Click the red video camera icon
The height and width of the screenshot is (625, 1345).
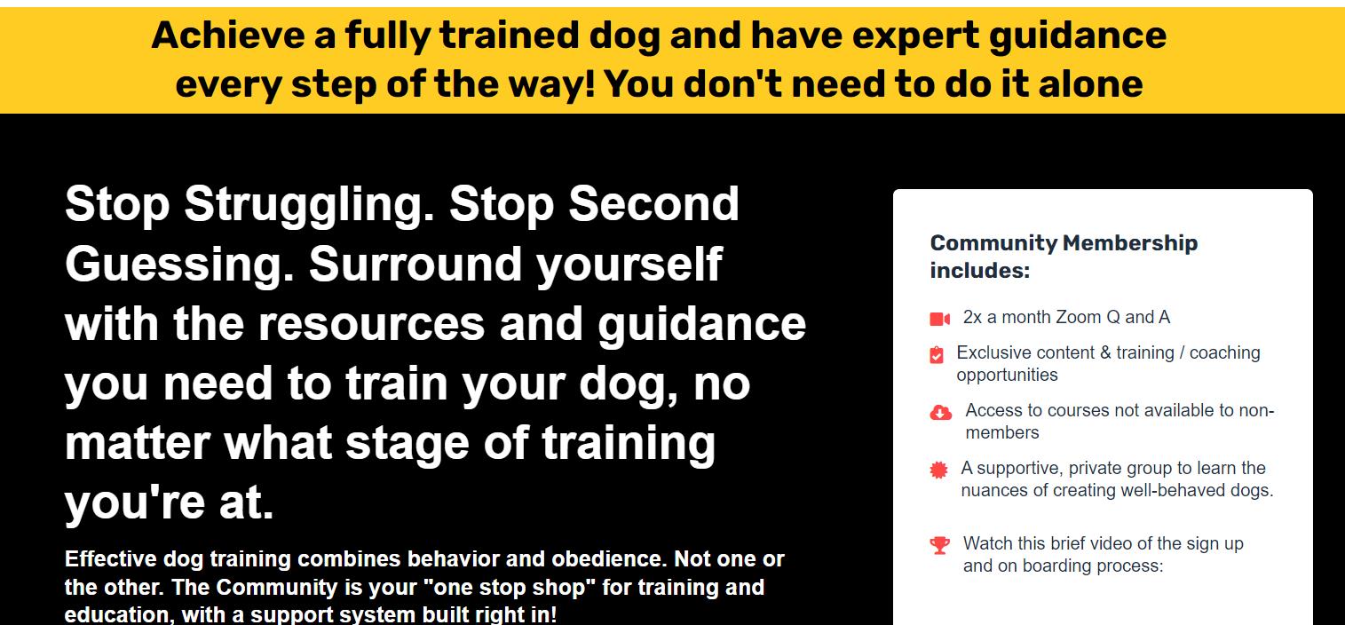coord(939,319)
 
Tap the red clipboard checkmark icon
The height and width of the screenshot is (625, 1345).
coord(936,355)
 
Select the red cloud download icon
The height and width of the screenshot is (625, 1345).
coord(940,412)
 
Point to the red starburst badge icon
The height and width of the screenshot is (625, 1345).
coord(938,470)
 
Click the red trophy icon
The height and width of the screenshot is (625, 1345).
coord(939,545)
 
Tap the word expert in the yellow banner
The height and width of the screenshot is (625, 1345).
coord(915,36)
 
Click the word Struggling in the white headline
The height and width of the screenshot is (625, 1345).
coord(309,206)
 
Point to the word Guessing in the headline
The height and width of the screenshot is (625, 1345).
coord(179,266)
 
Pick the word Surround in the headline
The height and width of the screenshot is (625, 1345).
coord(415,265)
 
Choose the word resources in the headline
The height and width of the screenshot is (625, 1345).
coord(371,325)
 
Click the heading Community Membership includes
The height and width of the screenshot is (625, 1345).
coord(1064,257)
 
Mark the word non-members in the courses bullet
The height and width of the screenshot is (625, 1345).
coord(1120,422)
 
